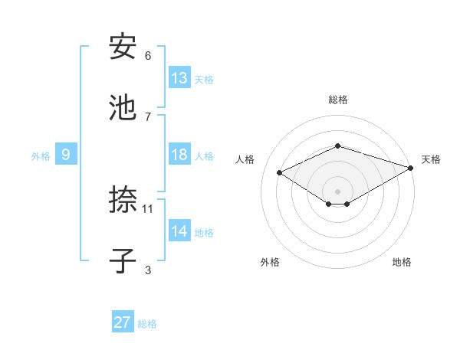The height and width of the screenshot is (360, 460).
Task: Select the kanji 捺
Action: point(123,201)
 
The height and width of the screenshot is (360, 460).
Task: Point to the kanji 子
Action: point(123,261)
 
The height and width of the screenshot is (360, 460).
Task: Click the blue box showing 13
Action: point(179,78)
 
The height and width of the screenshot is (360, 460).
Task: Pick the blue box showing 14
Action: point(179,231)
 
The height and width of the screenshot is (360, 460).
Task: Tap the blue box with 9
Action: point(66,155)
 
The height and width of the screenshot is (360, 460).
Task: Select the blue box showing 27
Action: point(123,322)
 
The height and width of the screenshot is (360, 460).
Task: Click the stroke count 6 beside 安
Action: point(148,56)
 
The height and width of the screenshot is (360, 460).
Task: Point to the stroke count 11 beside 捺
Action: point(148,208)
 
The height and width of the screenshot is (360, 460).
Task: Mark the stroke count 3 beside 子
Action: point(148,270)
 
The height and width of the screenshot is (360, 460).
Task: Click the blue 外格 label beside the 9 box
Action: point(41,156)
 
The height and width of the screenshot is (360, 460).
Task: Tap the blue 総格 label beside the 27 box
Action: point(147,324)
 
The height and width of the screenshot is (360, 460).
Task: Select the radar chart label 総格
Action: point(337,100)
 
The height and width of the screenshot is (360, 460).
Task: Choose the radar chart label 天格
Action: point(431,159)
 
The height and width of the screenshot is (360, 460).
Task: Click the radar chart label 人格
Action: point(245,159)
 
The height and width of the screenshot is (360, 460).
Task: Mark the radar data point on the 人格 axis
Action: point(280,173)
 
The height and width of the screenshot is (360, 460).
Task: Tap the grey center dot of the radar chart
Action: point(337,191)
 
